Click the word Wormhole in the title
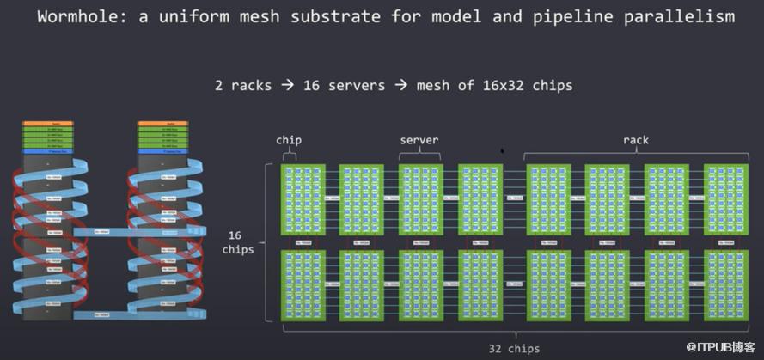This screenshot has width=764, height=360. [78, 16]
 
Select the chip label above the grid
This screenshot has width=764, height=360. [289, 140]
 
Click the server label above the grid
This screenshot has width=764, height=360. [419, 140]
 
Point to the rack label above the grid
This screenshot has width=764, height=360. [635, 140]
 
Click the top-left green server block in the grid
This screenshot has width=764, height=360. [303, 199]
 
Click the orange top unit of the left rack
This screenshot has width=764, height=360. [45, 124]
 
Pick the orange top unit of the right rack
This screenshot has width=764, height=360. [162, 124]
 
